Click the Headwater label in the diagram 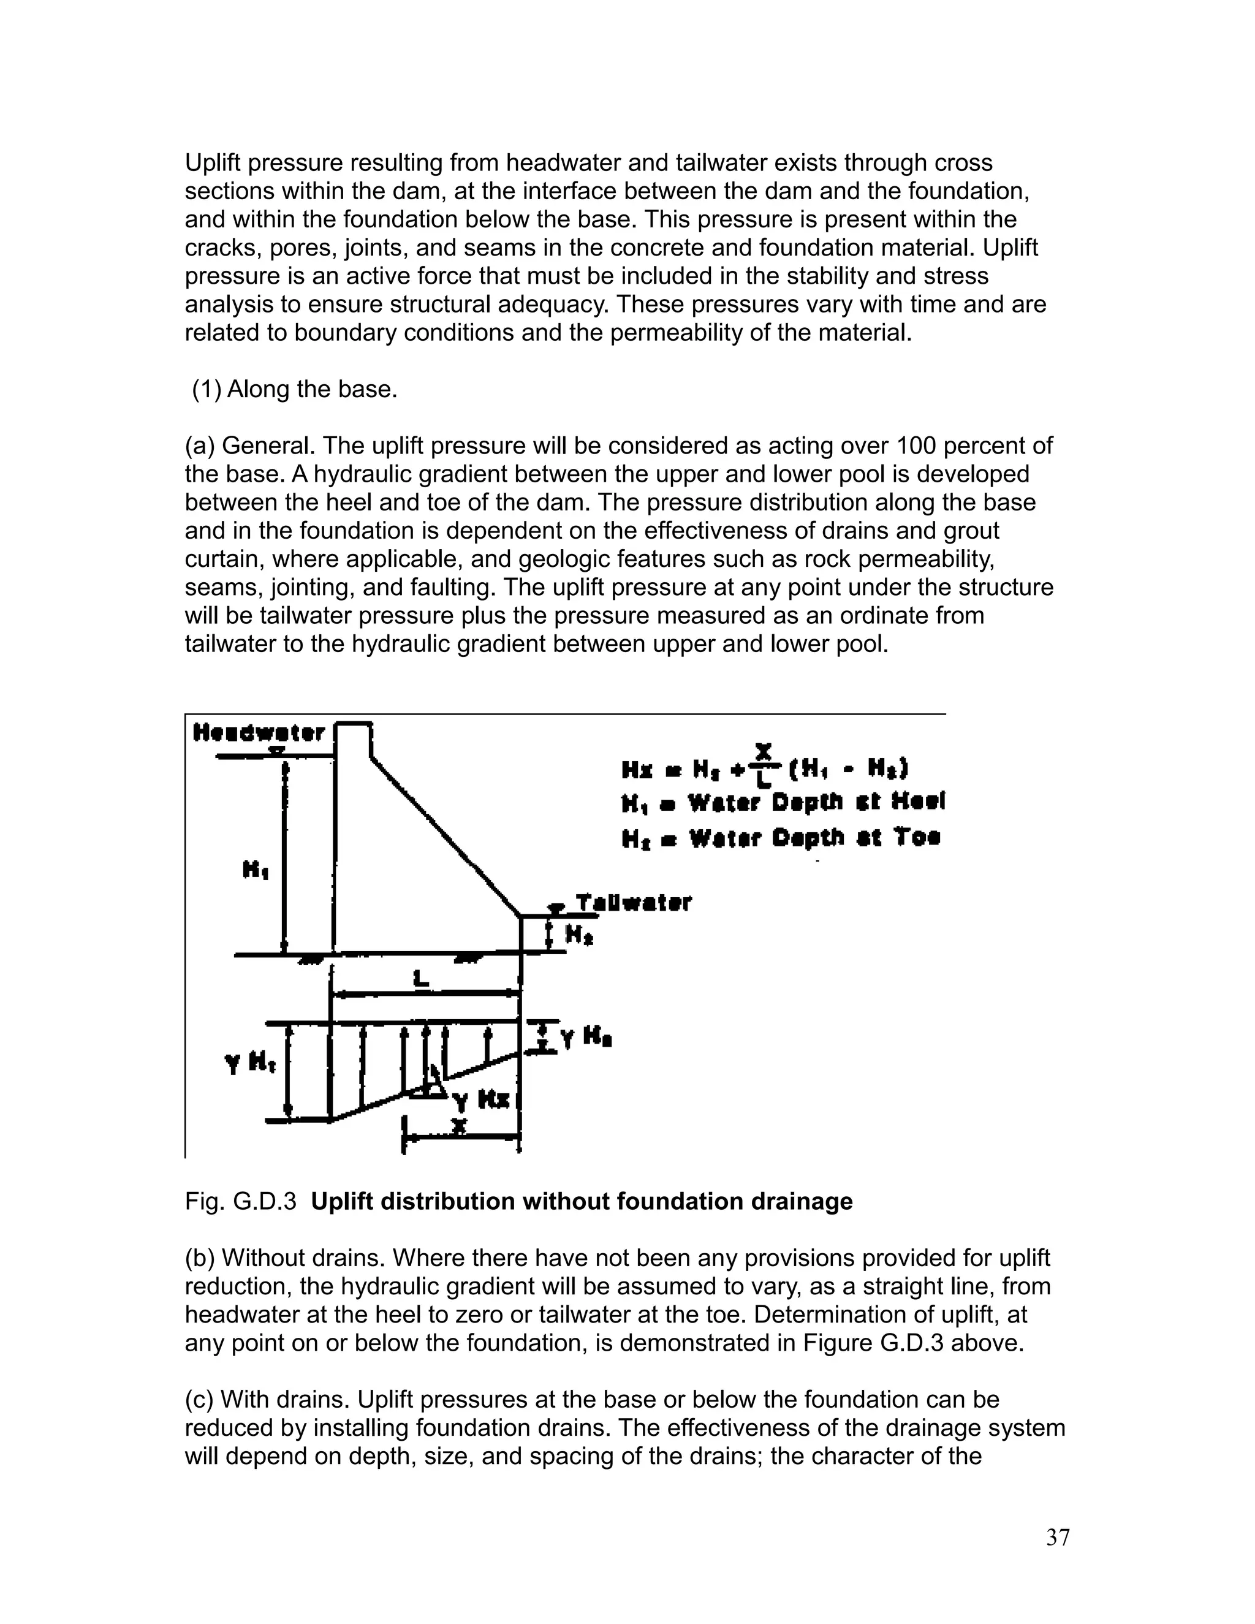pos(259,733)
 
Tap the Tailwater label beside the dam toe pos(634,903)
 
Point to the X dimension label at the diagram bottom pos(460,1127)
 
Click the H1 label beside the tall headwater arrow pos(255,869)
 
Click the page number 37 pos(1057,1538)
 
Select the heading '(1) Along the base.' pos(294,389)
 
